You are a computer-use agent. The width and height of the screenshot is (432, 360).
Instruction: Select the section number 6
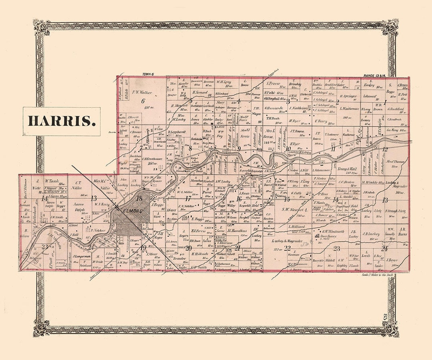(x=142, y=101)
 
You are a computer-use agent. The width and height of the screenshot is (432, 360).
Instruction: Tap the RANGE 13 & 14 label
(x=376, y=75)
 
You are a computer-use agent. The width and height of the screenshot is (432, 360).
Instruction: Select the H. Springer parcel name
(x=348, y=96)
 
